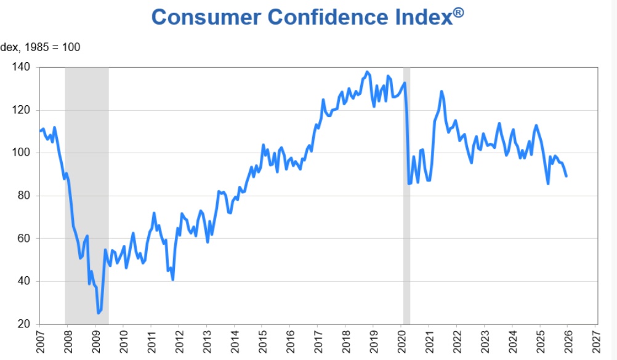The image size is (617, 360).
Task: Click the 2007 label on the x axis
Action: click(x=40, y=342)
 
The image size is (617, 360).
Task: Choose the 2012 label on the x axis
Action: click(x=179, y=342)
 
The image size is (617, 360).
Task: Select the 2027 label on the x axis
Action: click(x=596, y=342)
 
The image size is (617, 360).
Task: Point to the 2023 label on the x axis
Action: click(x=485, y=342)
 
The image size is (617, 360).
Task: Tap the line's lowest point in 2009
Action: click(x=98, y=313)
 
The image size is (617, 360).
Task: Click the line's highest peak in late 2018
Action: click(x=368, y=72)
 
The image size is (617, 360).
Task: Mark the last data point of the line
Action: click(x=567, y=177)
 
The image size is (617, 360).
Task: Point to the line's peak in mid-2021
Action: click(x=442, y=91)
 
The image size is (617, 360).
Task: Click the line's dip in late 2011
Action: click(x=173, y=279)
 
